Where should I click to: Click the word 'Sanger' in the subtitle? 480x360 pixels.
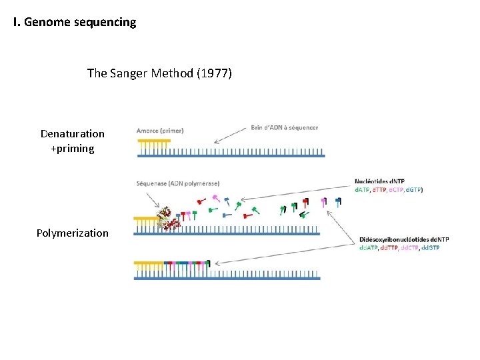pyautogui.click(x=131, y=73)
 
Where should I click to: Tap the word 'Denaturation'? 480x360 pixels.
pyautogui.click(x=72, y=134)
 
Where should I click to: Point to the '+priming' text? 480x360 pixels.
pyautogui.click(x=72, y=149)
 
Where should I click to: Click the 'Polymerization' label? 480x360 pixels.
pyautogui.click(x=72, y=233)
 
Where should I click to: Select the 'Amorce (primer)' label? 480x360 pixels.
pyautogui.click(x=160, y=131)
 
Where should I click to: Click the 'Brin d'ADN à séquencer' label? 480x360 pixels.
pyautogui.click(x=285, y=127)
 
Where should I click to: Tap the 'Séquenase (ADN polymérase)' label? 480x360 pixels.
pyautogui.click(x=177, y=183)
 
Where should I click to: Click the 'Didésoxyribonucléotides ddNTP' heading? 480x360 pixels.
pyautogui.click(x=404, y=239)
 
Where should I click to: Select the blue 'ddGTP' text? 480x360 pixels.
pyautogui.click(x=431, y=248)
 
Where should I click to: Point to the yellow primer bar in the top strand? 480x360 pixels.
pyautogui.click(x=153, y=141)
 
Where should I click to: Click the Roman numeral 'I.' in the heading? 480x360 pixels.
pyautogui.click(x=17, y=22)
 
